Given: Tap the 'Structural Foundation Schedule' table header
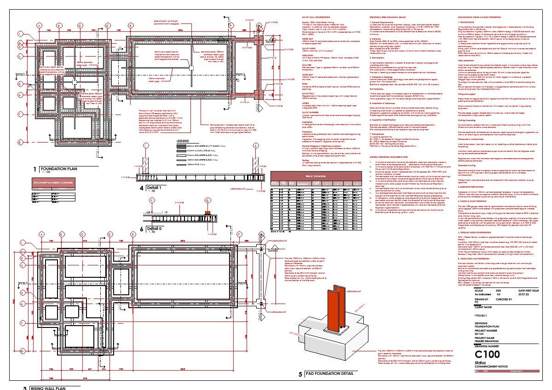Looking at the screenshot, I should pyautogui.click(x=52, y=182).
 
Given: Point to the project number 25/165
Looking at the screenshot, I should pyautogui.click(x=482, y=333).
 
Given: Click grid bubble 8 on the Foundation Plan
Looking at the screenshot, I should pyautogui.click(x=20, y=142).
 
